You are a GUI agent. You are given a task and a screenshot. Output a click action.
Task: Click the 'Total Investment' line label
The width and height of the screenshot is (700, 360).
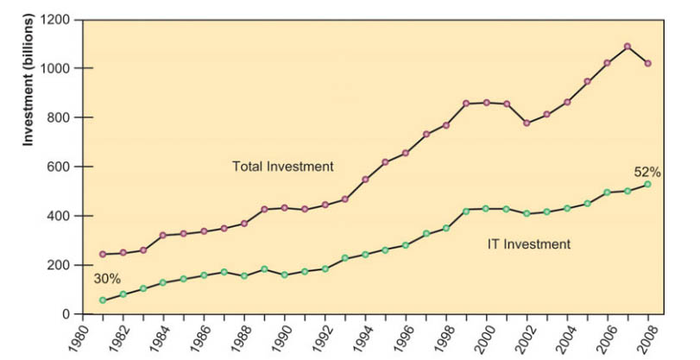(x=283, y=166)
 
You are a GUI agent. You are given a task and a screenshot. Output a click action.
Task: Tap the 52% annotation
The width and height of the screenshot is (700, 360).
(x=647, y=172)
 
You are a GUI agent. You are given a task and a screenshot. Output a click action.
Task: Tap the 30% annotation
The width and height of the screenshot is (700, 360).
(x=107, y=279)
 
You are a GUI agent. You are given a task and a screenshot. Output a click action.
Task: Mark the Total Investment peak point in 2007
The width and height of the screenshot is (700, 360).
(x=627, y=47)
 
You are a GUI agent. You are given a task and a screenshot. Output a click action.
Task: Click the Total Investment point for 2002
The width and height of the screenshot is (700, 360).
(x=527, y=123)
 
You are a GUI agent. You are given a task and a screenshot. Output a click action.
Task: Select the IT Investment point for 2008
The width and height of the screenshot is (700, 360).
(x=647, y=184)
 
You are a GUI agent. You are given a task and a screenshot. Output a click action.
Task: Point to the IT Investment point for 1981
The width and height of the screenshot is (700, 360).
(x=103, y=300)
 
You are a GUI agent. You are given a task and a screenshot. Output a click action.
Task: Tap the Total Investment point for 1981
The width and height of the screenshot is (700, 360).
(x=103, y=254)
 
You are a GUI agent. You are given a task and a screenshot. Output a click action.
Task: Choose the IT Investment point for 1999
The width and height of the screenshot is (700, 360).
(x=466, y=211)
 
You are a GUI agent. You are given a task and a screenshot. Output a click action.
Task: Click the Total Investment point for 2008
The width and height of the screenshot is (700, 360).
(x=647, y=63)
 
